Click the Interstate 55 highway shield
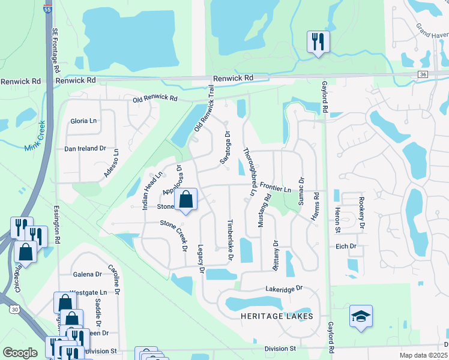(x=48, y=8)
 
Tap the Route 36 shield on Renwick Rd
(x=423, y=74)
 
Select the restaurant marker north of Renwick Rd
(x=317, y=42)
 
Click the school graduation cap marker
(x=361, y=317)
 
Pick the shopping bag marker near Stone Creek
(x=186, y=200)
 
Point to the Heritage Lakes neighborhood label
(x=277, y=316)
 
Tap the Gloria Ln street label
(x=83, y=121)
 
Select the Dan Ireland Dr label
(x=85, y=148)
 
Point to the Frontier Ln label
(x=275, y=190)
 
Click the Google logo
(x=20, y=352)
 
